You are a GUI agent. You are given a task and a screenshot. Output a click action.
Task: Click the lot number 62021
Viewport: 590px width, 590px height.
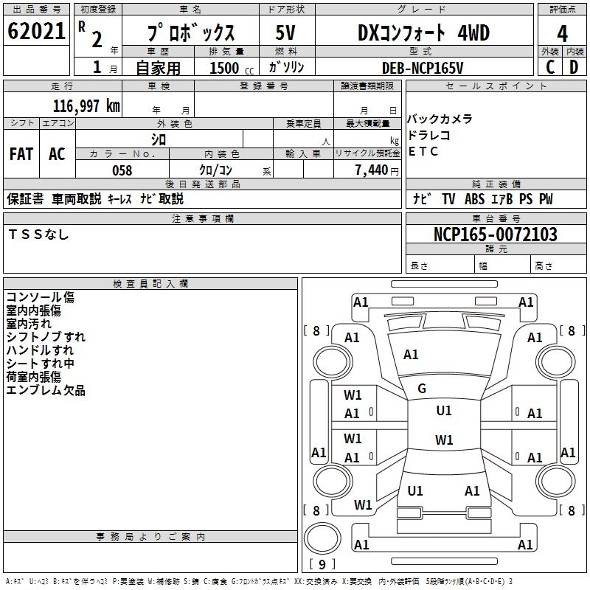[36, 33]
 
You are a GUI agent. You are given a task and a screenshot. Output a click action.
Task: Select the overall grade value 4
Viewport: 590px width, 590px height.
[562, 34]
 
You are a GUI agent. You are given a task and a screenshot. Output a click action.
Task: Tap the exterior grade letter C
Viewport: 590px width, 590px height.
[549, 66]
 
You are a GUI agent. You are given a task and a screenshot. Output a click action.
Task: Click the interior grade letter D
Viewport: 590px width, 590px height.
[574, 66]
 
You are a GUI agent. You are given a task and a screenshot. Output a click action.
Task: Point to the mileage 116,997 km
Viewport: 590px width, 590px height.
[86, 106]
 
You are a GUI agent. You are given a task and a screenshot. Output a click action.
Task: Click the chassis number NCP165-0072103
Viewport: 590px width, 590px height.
[496, 235]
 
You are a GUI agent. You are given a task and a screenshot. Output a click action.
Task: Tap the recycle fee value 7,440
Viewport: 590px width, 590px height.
[372, 170]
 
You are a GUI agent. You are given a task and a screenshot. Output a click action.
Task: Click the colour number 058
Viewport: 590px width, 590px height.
[122, 170]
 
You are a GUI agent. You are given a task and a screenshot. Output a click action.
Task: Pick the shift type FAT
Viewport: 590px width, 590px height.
[21, 154]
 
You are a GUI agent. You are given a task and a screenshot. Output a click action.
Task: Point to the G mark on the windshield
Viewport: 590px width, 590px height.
[422, 389]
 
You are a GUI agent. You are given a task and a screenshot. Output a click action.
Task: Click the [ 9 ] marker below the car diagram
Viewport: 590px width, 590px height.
[322, 565]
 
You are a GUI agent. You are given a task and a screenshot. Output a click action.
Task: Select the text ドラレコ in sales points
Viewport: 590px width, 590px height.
[428, 136]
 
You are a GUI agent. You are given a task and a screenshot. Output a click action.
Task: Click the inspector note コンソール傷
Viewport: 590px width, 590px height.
[40, 297]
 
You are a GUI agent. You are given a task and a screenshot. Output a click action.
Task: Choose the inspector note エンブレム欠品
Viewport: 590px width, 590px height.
[46, 390]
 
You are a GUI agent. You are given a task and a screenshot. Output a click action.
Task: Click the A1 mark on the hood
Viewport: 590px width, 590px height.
[411, 355]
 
